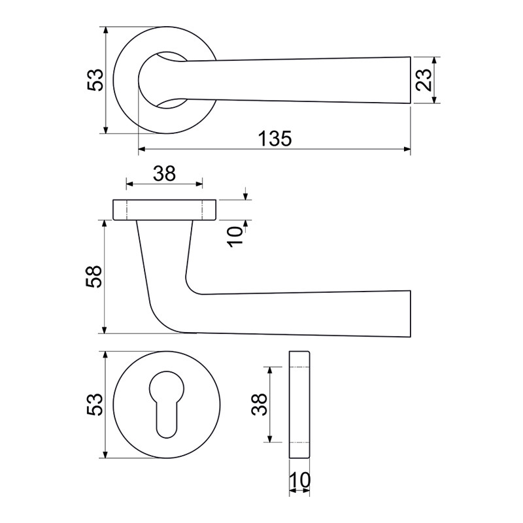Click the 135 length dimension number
point(275,139)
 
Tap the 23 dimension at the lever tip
point(424,80)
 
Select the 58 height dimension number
point(93,277)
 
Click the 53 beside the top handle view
point(95,80)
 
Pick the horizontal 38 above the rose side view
point(165,174)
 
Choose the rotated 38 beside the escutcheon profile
point(259,404)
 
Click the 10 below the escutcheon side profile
point(300,481)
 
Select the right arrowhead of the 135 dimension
point(407,149)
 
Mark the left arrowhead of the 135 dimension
point(142,149)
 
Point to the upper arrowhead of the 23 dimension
point(434,60)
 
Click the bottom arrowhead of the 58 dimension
point(105,329)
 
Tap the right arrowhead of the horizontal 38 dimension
point(199,184)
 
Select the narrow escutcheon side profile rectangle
point(299,405)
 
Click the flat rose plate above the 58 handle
point(165,210)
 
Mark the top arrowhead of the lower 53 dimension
point(105,355)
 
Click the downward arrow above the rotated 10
point(246,194)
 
